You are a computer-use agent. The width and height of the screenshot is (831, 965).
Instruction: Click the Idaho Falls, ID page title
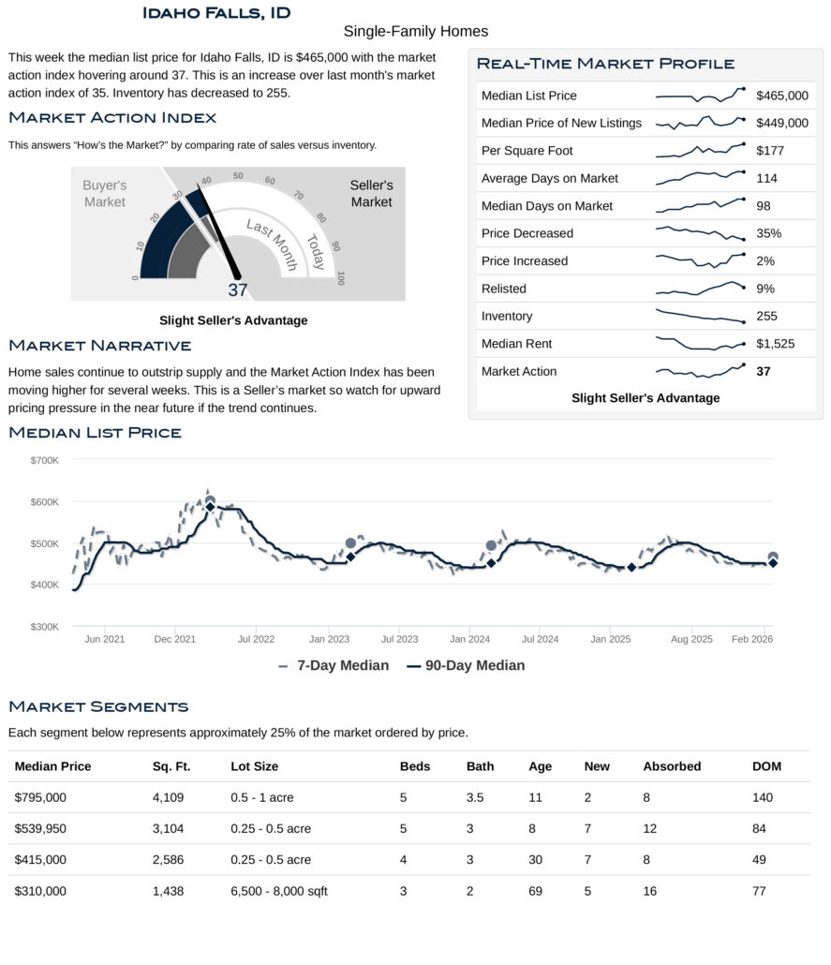(x=216, y=13)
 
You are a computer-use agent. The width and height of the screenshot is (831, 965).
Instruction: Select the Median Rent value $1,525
(x=775, y=344)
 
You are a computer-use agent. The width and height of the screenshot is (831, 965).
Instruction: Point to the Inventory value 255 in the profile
(x=766, y=317)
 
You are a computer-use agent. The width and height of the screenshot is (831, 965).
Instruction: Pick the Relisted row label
(x=503, y=289)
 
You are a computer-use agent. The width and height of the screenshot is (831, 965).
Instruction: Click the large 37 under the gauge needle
(x=238, y=290)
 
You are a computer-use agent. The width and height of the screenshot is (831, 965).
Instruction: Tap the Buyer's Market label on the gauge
(x=104, y=194)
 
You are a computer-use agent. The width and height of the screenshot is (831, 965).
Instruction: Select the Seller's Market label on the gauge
(x=371, y=194)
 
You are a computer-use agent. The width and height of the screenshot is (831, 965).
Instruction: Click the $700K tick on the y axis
(x=44, y=460)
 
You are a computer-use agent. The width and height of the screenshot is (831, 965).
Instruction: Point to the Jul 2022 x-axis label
(x=256, y=639)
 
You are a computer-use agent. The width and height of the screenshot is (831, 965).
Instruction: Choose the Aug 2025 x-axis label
(x=692, y=639)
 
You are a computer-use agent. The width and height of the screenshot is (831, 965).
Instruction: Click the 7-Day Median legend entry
(x=334, y=665)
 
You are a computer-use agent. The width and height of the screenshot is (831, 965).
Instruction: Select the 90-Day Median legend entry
(x=466, y=665)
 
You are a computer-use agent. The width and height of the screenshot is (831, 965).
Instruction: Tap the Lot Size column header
(x=254, y=766)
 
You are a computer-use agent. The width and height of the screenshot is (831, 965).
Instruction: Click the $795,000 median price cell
(x=40, y=797)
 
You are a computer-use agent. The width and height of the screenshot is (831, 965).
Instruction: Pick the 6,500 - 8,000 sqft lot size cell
(x=279, y=891)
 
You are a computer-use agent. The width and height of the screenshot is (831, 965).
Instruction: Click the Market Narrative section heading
(x=99, y=347)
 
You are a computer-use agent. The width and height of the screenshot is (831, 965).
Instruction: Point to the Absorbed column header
(x=672, y=766)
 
